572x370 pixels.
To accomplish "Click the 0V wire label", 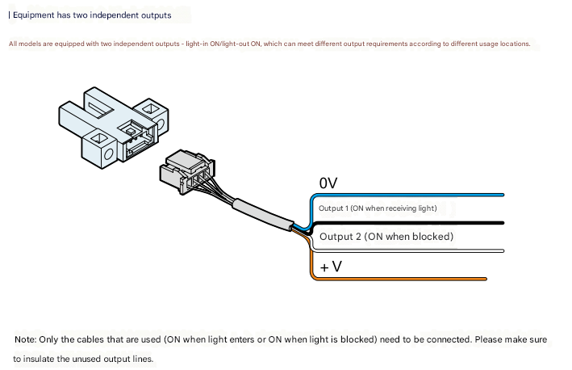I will point(328,183).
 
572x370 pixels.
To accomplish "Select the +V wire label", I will point(331,266).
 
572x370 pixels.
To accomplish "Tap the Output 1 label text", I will point(378,208).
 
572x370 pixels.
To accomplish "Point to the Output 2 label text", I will point(386,237).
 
